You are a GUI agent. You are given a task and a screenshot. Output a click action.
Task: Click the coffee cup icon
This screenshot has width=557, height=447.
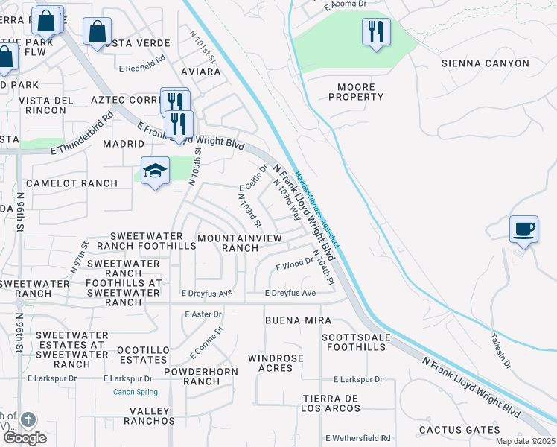[523, 229]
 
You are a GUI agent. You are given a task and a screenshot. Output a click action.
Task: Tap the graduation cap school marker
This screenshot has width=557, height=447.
[155, 171]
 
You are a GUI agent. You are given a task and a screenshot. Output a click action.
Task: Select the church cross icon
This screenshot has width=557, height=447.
[28, 421]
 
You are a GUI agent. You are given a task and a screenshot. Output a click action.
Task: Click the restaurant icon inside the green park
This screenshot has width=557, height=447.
[376, 32]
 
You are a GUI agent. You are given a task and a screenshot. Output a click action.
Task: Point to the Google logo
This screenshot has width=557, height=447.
[25, 438]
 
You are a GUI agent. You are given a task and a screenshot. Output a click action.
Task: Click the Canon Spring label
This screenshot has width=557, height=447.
[135, 392]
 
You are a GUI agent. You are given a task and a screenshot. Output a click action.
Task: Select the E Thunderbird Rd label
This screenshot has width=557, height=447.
[82, 135]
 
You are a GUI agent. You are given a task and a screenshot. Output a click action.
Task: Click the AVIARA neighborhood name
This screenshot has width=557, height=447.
[200, 72]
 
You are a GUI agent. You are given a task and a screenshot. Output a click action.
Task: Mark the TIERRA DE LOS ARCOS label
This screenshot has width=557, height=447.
[330, 403]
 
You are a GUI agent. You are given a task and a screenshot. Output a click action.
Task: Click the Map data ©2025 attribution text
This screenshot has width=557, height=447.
[524, 441]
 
